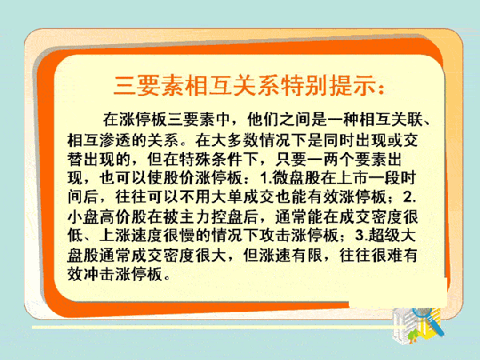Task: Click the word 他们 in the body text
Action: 263,119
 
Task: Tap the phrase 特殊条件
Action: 211,159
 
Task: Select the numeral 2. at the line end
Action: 410,198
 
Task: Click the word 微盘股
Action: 296,178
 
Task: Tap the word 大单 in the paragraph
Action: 227,198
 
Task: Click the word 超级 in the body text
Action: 383,235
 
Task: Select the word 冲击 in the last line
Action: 99,274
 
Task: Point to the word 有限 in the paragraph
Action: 307,254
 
